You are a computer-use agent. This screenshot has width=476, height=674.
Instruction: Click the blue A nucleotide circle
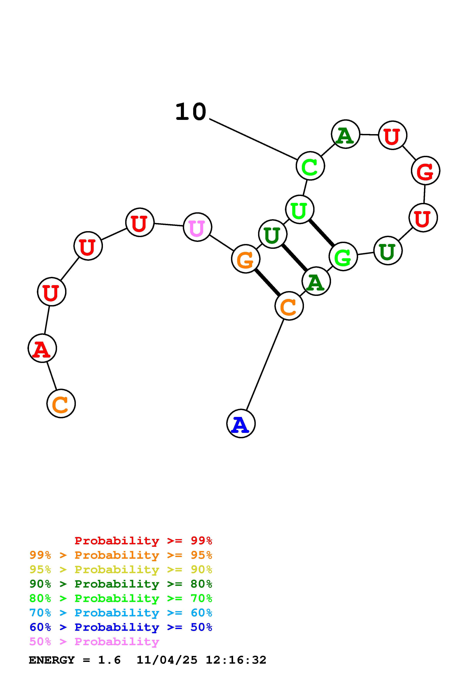(241, 424)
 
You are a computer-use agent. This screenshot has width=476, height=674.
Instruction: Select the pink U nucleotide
(197, 227)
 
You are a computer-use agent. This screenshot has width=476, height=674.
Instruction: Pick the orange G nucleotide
(245, 259)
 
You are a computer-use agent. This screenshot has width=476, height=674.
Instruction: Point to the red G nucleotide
(425, 171)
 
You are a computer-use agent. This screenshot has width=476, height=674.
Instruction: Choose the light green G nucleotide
(343, 256)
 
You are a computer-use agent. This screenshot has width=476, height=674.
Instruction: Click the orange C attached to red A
(61, 404)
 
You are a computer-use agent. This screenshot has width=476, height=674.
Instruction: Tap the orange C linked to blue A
(289, 306)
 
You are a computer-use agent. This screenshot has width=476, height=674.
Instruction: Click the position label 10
(191, 112)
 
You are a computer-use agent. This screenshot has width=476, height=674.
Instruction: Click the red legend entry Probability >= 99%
(143, 540)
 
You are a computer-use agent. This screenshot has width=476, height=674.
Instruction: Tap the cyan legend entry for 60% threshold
(121, 613)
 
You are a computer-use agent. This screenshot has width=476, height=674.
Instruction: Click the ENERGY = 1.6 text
(75, 660)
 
